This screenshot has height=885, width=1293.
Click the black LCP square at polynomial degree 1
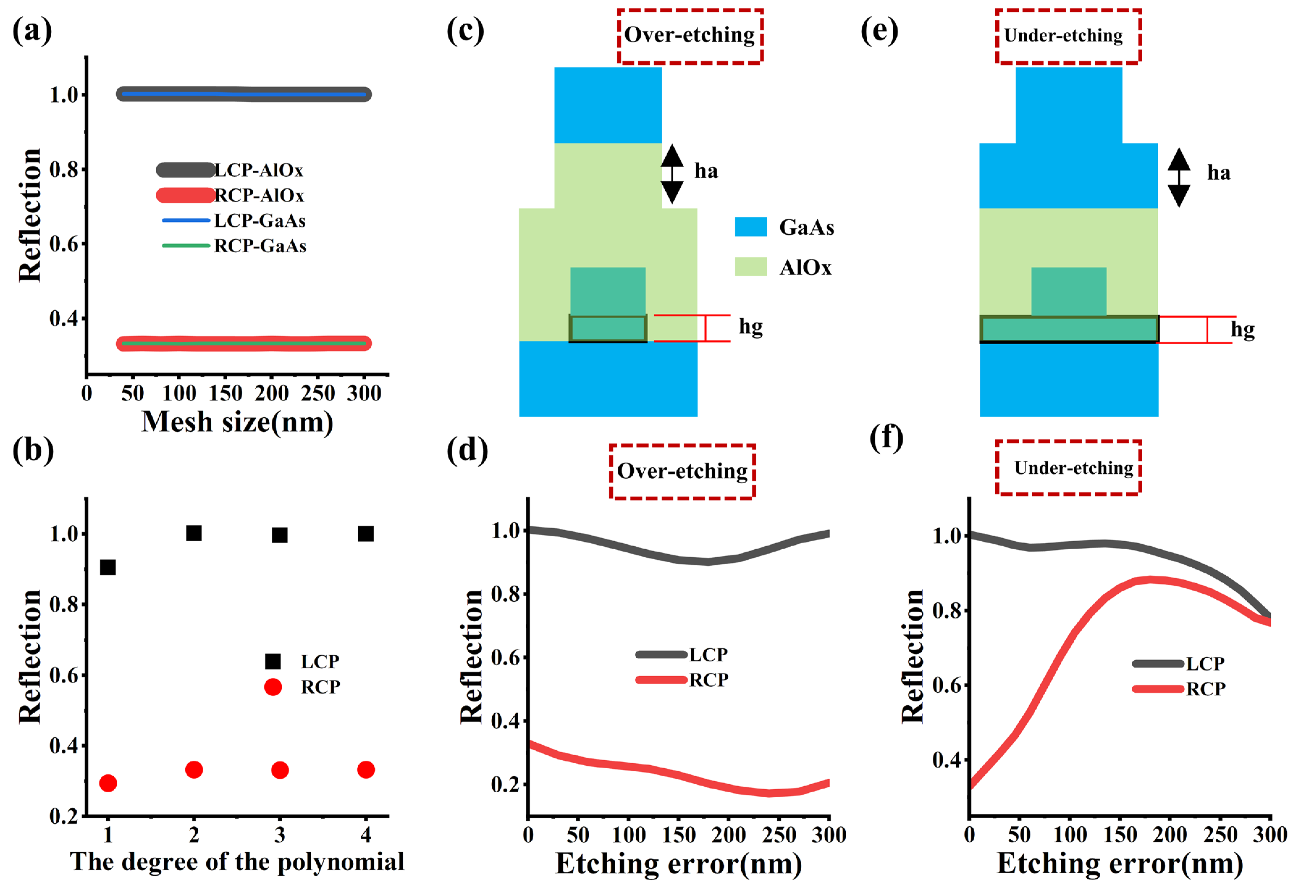(x=107, y=567)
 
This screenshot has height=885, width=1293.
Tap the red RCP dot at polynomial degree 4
(x=365, y=770)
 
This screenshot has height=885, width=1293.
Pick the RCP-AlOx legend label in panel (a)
(x=259, y=195)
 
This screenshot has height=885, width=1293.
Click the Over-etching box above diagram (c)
(x=689, y=36)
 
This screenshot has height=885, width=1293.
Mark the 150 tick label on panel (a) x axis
(x=225, y=393)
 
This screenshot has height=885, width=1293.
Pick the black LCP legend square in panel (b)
(x=273, y=661)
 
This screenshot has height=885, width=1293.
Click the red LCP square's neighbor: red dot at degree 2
(x=194, y=770)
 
